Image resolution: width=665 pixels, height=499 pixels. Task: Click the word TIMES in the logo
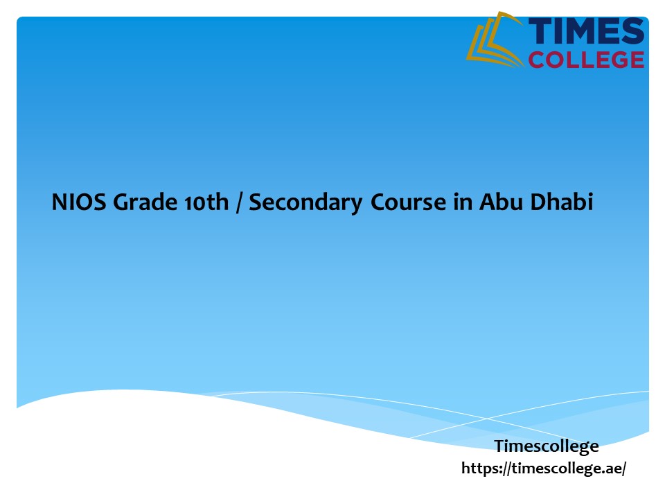pos(586,32)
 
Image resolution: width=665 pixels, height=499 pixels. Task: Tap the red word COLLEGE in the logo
pos(586,60)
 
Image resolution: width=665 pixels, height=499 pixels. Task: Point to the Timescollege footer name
pos(547,446)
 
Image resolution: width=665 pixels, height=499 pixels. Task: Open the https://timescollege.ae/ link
pos(544,469)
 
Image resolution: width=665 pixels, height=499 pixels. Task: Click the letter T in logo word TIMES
pos(540,32)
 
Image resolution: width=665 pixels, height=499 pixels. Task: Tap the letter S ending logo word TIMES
pos(632,32)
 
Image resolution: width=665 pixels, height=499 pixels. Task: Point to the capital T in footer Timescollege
pos(499,446)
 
